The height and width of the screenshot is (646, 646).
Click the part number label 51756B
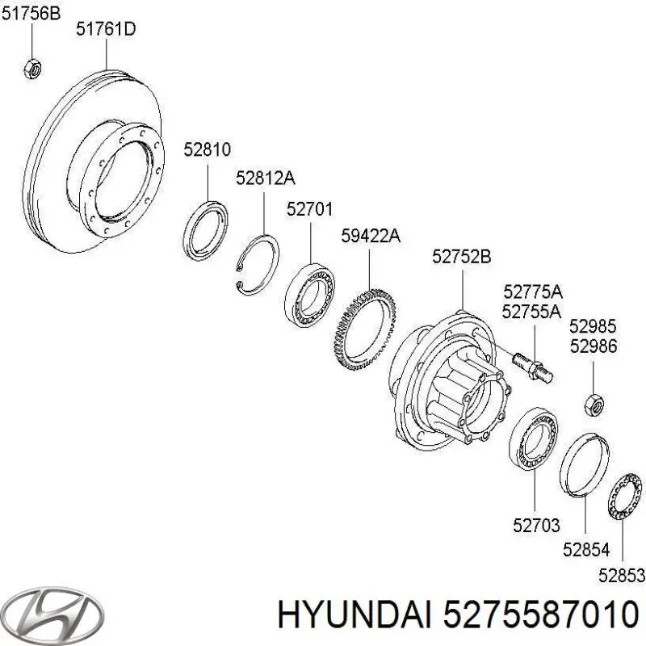click(31, 11)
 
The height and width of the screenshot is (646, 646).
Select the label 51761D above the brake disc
click(106, 30)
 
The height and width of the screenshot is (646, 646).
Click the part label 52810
click(207, 149)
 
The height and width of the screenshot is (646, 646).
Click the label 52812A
click(266, 178)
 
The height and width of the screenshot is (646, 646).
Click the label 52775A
click(532, 292)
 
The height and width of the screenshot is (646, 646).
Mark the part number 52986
click(593, 346)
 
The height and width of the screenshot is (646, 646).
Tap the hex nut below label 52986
click(593, 401)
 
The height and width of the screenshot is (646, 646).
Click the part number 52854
click(586, 551)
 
